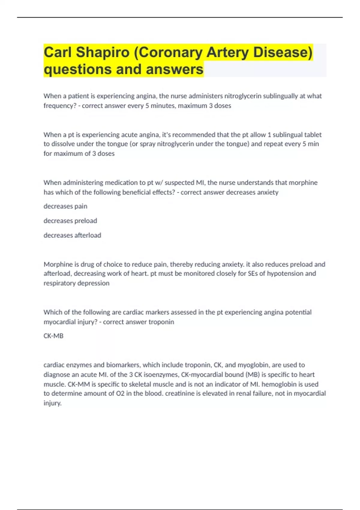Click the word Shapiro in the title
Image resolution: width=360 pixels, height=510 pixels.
[x=102, y=52]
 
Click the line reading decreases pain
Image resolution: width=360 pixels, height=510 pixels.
[x=65, y=206]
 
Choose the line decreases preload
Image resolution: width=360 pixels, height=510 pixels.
[x=70, y=221]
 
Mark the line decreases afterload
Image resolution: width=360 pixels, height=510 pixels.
[x=72, y=235]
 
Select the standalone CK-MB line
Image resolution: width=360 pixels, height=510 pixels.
[x=53, y=336]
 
